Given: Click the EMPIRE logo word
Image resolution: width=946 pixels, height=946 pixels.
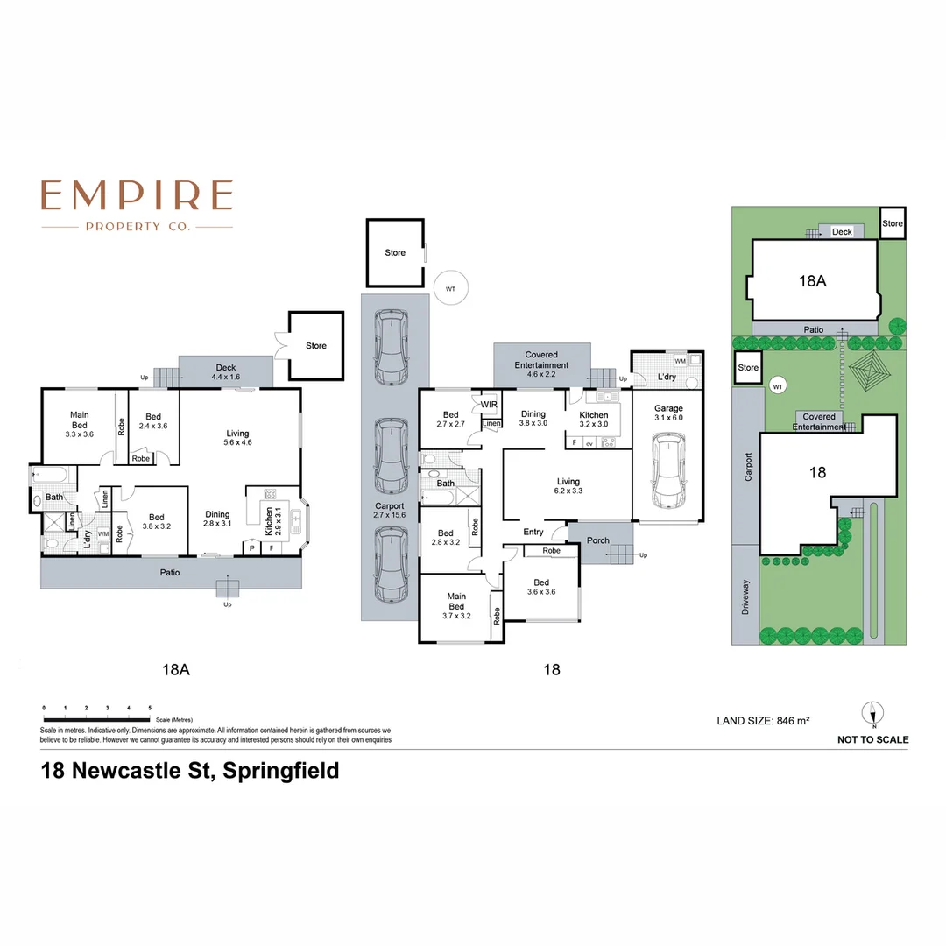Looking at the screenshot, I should [137, 195].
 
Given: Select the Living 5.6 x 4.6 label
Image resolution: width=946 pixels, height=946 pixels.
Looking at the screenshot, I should [237, 438].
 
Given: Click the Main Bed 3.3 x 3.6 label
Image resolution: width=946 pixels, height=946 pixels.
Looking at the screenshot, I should [78, 424].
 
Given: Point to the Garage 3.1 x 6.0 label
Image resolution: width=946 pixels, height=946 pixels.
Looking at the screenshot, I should [668, 413].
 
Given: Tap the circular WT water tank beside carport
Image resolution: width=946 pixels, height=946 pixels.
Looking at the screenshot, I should [450, 287].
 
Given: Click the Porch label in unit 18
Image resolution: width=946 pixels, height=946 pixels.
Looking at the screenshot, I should [598, 540].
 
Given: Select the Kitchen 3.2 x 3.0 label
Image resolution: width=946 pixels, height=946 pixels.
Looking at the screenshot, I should [594, 419].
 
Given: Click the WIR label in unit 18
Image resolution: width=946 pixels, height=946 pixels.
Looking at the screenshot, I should [489, 404].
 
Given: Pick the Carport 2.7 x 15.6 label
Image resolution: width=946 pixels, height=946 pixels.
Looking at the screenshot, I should [390, 512].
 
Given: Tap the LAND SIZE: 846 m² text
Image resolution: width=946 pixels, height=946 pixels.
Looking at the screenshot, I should [763, 721].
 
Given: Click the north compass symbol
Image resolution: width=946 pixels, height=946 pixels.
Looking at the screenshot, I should [872, 714].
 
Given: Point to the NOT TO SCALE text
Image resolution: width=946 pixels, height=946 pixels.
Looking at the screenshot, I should [872, 739].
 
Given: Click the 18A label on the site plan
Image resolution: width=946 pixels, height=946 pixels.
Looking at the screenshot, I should [813, 281].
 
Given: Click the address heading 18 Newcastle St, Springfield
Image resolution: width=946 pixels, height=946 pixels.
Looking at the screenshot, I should [190, 772].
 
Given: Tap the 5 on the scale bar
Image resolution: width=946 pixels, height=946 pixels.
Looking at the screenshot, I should [150, 707].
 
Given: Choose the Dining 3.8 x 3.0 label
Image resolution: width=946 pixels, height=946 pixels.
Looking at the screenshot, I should [533, 419].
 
